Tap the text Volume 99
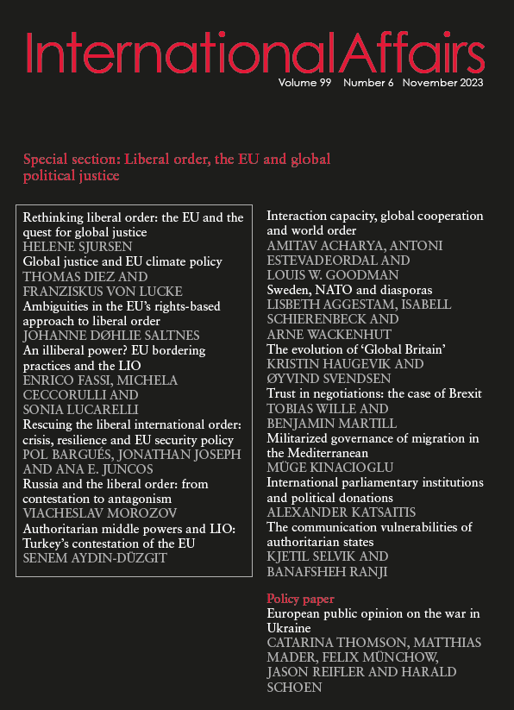point(307,84)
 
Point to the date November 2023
point(442,84)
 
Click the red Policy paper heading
point(300,598)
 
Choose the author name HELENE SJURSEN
point(78,247)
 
